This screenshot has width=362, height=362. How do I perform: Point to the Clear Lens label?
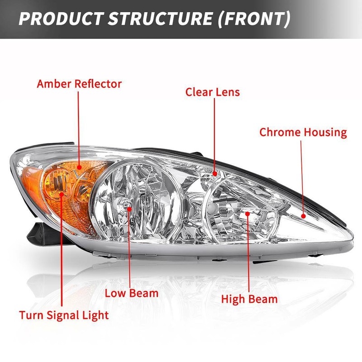[x=212, y=92]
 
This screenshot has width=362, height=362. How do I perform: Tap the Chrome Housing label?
[x=303, y=133]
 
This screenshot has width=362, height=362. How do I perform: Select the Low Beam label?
[x=131, y=292]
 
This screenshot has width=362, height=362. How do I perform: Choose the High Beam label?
[x=249, y=299]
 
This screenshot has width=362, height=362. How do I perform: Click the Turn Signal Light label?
[x=64, y=314]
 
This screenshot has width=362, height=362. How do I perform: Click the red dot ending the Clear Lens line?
[x=214, y=173]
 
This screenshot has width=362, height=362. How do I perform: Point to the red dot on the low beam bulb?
[x=129, y=208]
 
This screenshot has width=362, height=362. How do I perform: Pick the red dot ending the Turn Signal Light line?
[x=62, y=193]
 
